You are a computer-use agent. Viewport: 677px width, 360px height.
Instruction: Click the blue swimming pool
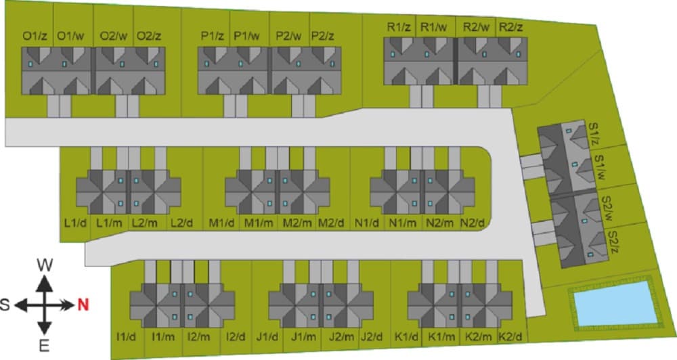click(614, 304)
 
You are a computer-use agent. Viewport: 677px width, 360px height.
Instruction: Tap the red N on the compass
click(83, 305)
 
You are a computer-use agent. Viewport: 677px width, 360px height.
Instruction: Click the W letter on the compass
click(45, 265)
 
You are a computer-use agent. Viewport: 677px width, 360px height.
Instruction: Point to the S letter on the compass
click(5, 305)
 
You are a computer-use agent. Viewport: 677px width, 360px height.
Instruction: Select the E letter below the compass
click(44, 345)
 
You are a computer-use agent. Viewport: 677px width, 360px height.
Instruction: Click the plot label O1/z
click(35, 37)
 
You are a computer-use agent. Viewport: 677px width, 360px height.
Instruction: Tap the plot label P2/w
click(288, 37)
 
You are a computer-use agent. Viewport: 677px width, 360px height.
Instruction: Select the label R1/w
click(434, 28)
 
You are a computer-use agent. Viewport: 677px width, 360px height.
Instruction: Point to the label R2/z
click(510, 28)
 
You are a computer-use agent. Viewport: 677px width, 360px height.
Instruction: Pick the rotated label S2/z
click(613, 242)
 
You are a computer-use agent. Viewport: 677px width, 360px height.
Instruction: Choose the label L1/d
click(76, 223)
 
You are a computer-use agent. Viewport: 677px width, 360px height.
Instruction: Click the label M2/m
click(297, 223)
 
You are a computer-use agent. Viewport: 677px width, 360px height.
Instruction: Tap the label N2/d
click(472, 223)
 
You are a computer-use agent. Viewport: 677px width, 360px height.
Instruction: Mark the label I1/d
click(126, 336)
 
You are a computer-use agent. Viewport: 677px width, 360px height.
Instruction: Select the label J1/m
click(303, 336)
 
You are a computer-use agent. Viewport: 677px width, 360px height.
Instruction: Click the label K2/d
click(510, 336)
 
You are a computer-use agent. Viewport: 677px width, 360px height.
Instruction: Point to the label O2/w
click(114, 37)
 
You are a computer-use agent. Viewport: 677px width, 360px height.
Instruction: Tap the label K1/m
click(441, 336)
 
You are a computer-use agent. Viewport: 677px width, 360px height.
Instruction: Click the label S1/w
click(600, 168)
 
